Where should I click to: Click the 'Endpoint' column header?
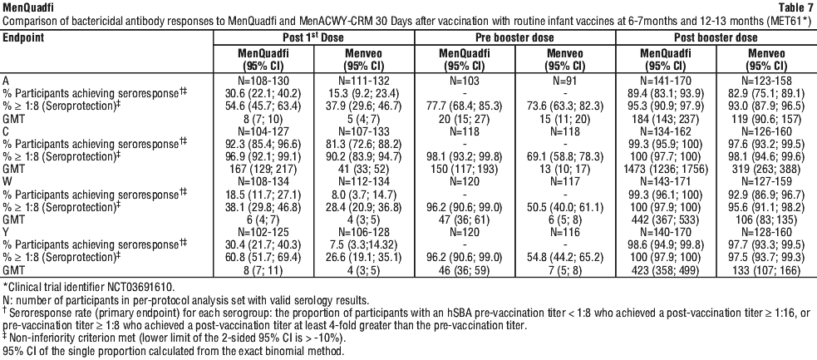point(23,37)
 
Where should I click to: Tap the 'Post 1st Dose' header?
point(314,37)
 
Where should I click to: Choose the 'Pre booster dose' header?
point(514,37)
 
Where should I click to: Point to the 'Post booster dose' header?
point(716,37)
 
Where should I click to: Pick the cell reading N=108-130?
point(263,81)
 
